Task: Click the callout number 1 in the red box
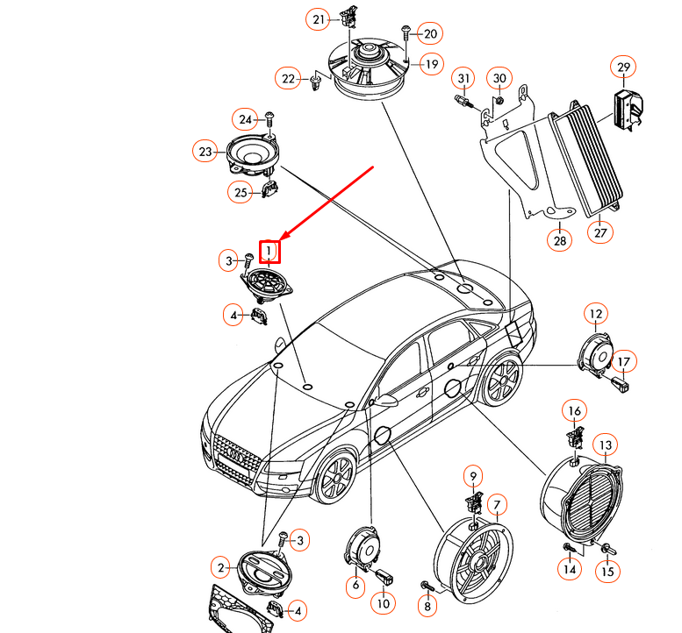[x=270, y=252]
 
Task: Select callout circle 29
[x=622, y=67]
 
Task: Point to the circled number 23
[x=205, y=152]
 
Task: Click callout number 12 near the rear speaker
[x=596, y=313]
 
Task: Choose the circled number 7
[x=497, y=504]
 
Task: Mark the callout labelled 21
[x=319, y=19]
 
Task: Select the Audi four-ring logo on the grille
[x=235, y=453]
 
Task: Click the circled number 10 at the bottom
[x=382, y=603]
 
